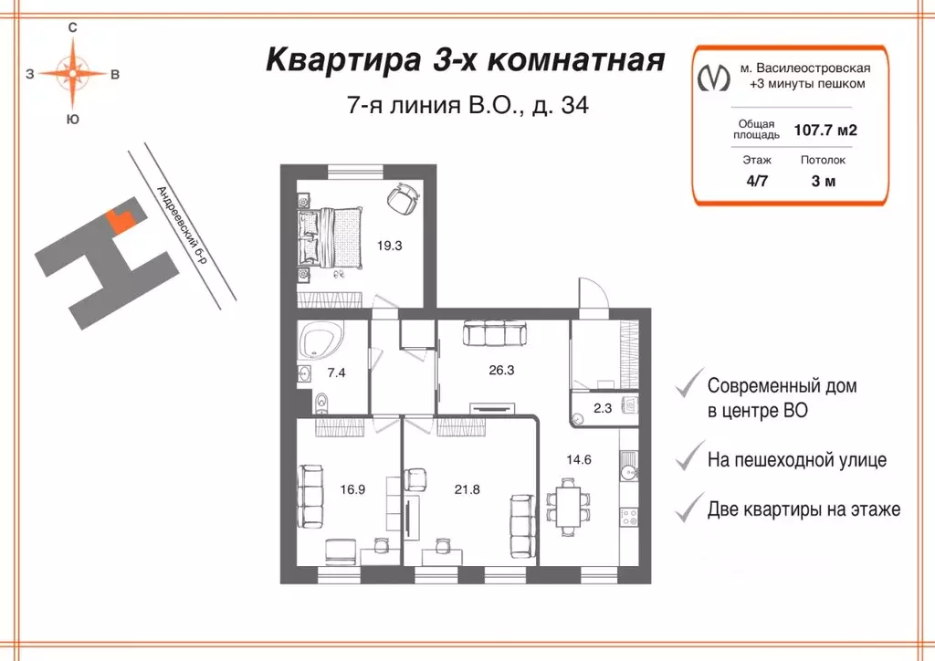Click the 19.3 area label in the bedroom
390,245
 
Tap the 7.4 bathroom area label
336,373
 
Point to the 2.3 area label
604,409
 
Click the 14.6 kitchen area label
580,459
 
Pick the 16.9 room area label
352,489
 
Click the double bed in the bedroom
331,235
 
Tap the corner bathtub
320,341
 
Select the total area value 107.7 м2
825,130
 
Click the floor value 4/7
756,180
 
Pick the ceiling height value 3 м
823,180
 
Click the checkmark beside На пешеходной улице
685,458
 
